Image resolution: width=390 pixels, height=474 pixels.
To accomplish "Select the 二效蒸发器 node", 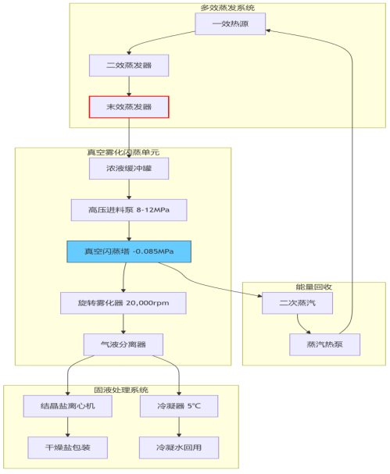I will [129, 65].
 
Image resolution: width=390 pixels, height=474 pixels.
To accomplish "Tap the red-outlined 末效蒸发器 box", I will [129, 106].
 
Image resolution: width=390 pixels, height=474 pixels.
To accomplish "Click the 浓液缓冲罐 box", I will [129, 169].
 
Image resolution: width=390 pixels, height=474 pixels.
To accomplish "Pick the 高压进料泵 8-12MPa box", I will [129, 210].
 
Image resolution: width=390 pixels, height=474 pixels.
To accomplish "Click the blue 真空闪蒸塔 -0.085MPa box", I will [129, 251].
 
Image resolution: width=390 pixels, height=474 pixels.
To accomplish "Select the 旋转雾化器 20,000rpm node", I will [123, 302].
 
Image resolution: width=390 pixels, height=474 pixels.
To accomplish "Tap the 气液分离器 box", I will [123, 344].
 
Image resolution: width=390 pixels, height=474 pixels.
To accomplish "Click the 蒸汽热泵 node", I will [324, 344].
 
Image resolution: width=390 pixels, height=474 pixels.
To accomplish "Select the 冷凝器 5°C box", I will [179, 406].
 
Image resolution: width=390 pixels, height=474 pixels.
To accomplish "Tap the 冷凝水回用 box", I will [179, 447].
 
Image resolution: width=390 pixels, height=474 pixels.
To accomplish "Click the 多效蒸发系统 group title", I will [227, 8].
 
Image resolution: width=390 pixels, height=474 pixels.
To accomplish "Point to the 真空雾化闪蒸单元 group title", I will [123, 152].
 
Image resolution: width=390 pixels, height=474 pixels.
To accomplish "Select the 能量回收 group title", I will [313, 287].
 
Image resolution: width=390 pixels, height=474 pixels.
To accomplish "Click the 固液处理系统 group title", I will [121, 390].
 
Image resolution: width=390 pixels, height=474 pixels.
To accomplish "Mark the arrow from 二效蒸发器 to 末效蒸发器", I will [129, 86].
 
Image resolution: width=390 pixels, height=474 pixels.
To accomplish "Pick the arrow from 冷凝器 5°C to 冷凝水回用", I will [179, 427].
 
